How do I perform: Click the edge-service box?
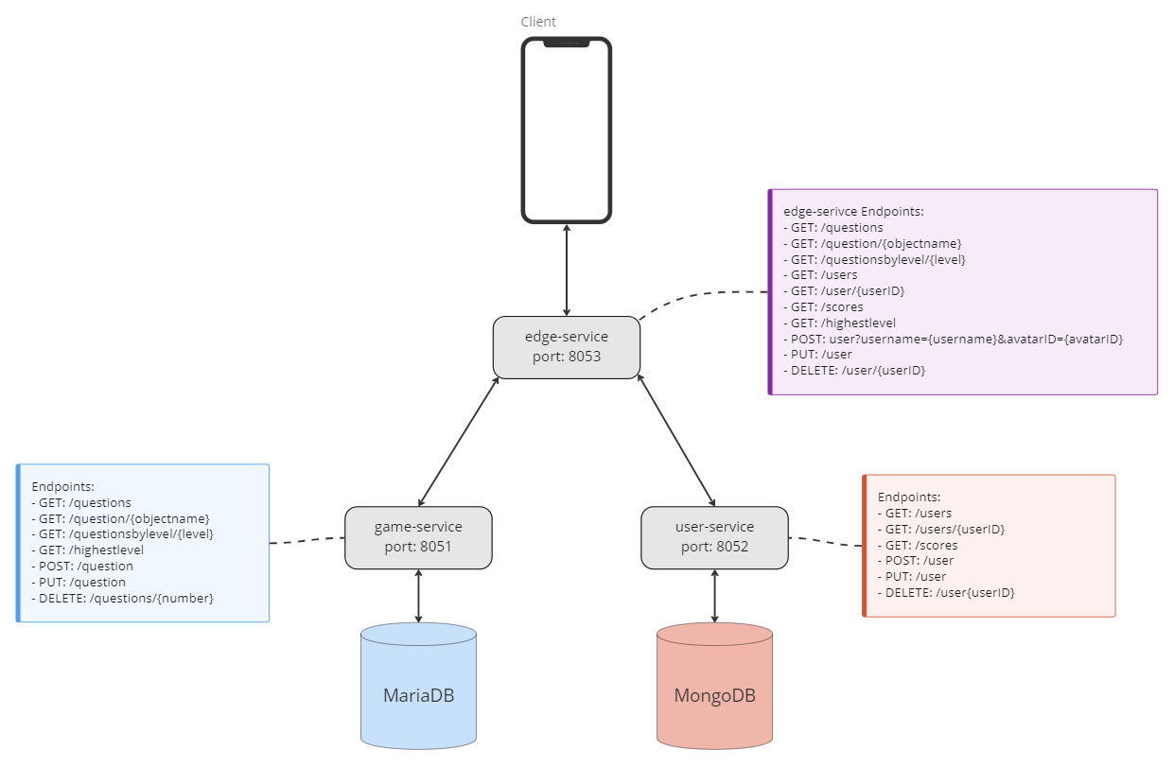click(x=566, y=347)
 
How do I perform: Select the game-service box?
click(x=418, y=537)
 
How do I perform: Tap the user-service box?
click(x=714, y=537)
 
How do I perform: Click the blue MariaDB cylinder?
click(x=418, y=695)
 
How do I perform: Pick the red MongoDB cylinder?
click(x=714, y=695)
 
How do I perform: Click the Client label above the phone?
click(x=538, y=22)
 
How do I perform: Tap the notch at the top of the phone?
click(x=567, y=43)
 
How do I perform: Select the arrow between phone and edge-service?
click(x=567, y=270)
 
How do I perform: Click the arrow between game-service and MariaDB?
click(x=418, y=596)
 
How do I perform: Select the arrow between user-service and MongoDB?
click(x=714, y=596)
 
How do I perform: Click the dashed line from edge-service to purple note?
click(x=705, y=294)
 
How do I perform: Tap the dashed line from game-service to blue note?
click(x=307, y=541)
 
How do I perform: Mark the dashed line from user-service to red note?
click(x=825, y=541)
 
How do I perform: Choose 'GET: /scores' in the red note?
click(x=921, y=545)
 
